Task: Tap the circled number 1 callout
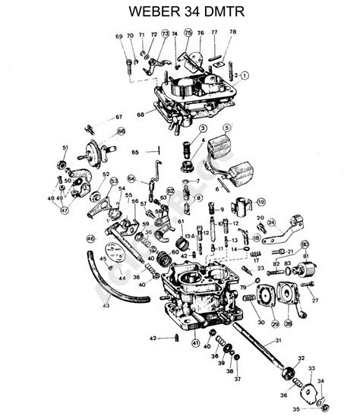[245, 76]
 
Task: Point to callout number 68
[141, 115]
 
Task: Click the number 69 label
[118, 36]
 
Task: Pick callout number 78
[232, 32]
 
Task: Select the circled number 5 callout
[226, 127]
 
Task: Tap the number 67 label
[118, 117]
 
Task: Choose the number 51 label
[65, 147]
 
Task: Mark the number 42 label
[152, 338]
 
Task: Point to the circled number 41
[195, 344]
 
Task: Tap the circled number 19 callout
[261, 202]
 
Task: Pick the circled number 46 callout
[91, 238]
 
